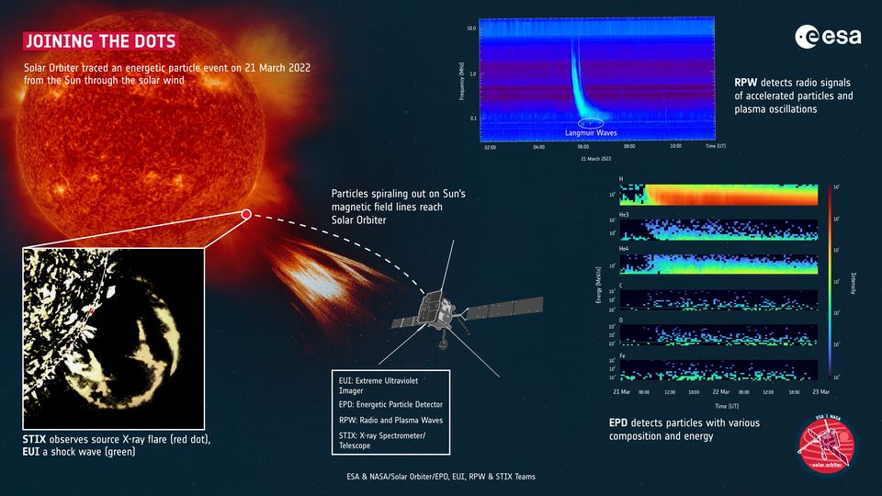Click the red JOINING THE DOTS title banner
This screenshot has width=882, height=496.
click(x=99, y=42)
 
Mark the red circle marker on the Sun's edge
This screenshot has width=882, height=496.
click(x=246, y=215)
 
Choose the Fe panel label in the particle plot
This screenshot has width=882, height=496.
click(x=624, y=356)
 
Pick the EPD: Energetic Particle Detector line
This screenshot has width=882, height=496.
click(x=390, y=404)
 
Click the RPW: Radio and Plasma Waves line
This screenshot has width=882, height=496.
click(x=389, y=420)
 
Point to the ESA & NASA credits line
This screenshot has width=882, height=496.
click(x=440, y=476)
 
